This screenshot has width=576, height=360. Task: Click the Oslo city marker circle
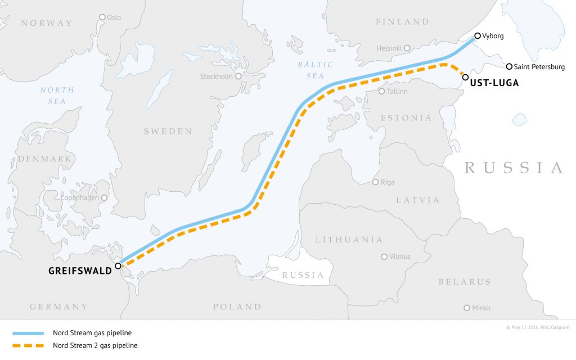click(x=102, y=17)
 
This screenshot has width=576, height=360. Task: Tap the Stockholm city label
click(x=217, y=76)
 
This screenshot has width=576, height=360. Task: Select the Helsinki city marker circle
click(x=407, y=48)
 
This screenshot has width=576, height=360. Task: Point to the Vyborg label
click(x=493, y=35)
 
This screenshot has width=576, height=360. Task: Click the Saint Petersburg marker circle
click(x=509, y=66)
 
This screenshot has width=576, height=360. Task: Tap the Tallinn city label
click(x=397, y=91)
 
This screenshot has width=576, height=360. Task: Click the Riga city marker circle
click(x=376, y=182)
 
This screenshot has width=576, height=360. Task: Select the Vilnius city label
click(x=400, y=256)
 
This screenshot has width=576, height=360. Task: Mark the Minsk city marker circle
click(x=466, y=308)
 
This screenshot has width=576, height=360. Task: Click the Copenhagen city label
click(x=79, y=198)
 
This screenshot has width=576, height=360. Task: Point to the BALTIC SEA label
click(x=315, y=70)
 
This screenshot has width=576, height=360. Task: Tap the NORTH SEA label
click(x=57, y=96)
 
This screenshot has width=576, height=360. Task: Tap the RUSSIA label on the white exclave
click(x=303, y=276)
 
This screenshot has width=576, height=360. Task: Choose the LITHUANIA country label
click(x=349, y=240)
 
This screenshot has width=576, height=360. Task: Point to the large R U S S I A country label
click(x=514, y=168)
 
